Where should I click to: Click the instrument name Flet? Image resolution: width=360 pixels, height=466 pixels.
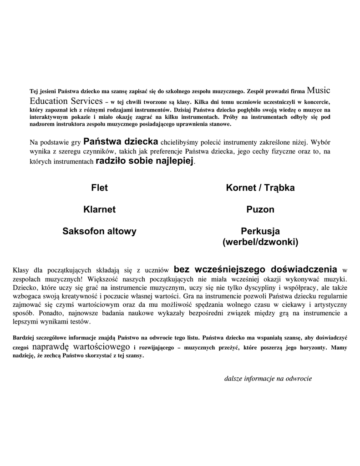pos(99,188)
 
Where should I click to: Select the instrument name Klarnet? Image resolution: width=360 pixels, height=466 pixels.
pos(99,210)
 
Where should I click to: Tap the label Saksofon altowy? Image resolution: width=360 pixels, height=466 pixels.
pos(99,232)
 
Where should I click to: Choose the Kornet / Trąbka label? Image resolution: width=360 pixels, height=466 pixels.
pos(260,188)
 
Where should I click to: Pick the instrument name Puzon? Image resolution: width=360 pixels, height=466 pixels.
pos(260,210)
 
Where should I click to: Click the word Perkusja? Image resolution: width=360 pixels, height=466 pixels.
pos(260,231)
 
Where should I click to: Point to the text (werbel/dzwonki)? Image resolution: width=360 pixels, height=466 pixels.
pos(260,242)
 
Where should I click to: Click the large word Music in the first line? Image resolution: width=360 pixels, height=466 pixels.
pos(319,90)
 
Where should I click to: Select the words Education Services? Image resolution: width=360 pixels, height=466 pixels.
pos(66,101)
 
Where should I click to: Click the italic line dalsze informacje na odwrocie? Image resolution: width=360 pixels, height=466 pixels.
pos(268,379)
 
